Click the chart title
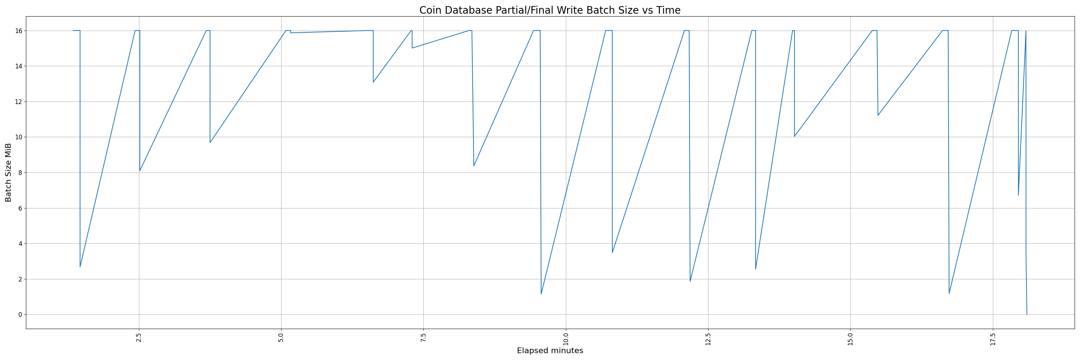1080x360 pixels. tap(550, 10)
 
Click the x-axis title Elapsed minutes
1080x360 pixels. tap(550, 351)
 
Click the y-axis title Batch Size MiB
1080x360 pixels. tap(8, 172)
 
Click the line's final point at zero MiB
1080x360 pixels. tap(1027, 314)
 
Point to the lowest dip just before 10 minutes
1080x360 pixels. tap(541, 294)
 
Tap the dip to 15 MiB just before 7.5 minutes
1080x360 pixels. tap(412, 48)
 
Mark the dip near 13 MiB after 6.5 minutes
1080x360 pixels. tap(373, 82)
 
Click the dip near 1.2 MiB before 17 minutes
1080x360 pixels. tap(949, 293)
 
